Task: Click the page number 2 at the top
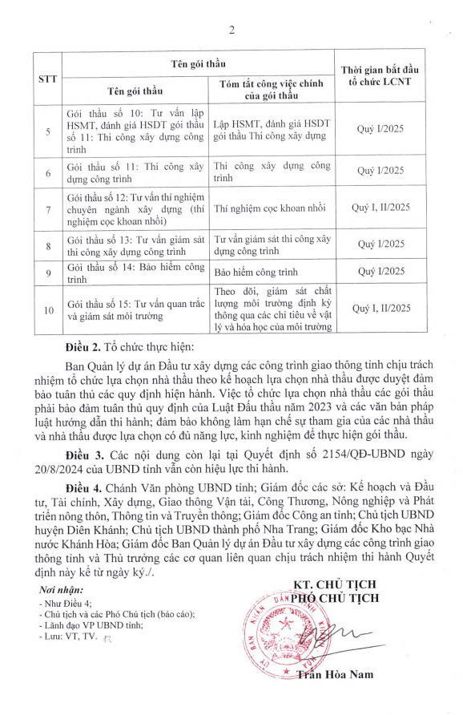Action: pos(231,31)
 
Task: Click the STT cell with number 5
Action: pos(49,131)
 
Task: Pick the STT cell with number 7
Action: pos(49,210)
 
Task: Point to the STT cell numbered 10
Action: pos(49,309)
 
